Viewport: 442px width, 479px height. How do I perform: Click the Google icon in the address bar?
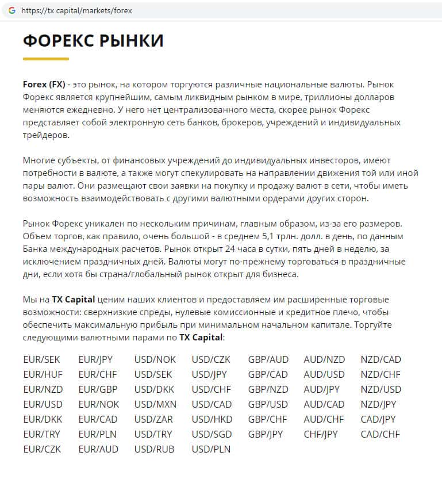[x=11, y=11]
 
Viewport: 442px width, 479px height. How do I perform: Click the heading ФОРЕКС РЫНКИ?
[x=93, y=41]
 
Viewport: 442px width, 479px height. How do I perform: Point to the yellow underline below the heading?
[x=46, y=59]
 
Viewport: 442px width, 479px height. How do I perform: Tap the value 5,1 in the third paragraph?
[x=269, y=236]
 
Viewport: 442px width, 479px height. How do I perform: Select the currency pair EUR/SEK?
[x=41, y=359]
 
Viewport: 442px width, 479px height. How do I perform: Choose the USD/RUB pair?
[x=155, y=449]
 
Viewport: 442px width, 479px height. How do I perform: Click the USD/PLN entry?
[x=211, y=449]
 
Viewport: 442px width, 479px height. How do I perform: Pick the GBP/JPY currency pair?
[x=267, y=434]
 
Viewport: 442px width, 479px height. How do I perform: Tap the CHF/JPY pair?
[x=321, y=434]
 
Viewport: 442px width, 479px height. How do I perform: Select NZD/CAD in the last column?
[x=380, y=359]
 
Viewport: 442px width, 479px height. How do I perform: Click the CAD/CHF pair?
[x=380, y=434]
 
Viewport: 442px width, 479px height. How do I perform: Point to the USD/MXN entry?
[x=155, y=404]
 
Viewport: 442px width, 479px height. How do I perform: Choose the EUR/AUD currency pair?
[x=98, y=449]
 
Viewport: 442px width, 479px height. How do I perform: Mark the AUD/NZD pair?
[x=324, y=359]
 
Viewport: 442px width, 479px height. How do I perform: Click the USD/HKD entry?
[x=212, y=419]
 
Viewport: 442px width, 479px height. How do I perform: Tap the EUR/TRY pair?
[x=41, y=434]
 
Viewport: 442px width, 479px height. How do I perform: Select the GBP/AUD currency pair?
[x=268, y=359]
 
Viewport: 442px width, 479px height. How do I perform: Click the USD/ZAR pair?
[x=154, y=419]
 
